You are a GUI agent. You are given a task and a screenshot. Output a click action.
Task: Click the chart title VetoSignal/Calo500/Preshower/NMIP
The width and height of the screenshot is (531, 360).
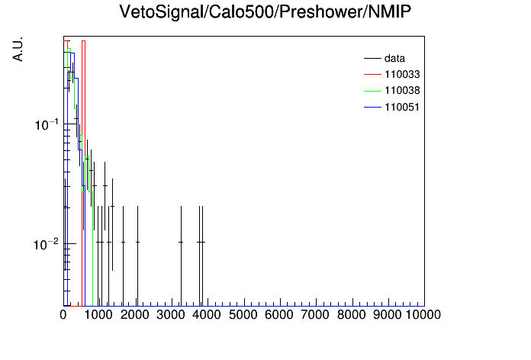point(265,12)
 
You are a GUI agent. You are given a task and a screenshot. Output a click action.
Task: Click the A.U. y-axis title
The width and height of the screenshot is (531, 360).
point(18,49)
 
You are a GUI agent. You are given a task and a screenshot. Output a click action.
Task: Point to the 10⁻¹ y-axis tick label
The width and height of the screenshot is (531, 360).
point(47,124)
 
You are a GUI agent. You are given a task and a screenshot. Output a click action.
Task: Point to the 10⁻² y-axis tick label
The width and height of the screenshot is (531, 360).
point(46,244)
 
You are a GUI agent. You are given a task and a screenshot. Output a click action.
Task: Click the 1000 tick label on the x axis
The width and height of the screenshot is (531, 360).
point(98,315)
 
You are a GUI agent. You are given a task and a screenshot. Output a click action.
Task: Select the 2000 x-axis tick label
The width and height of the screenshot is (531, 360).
point(135,315)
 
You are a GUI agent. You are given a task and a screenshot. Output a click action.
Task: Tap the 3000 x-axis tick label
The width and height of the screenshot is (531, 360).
point(171,315)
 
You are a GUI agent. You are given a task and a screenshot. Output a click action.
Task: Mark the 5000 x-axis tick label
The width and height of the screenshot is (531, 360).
point(243,315)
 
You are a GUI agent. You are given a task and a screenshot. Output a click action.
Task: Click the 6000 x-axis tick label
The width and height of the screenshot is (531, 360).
point(279,315)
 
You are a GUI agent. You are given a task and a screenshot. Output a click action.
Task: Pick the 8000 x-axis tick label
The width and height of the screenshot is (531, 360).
point(352,315)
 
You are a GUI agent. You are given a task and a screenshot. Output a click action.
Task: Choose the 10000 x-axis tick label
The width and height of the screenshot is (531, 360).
point(423,315)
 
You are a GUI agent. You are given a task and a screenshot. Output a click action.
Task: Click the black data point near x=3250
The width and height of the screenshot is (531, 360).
point(181,242)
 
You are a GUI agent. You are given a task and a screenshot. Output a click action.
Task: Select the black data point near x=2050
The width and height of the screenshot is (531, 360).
point(137,242)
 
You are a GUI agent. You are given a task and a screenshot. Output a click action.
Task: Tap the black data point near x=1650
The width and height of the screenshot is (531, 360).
point(124,242)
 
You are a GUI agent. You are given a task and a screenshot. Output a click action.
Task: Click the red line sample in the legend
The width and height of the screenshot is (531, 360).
point(372,74)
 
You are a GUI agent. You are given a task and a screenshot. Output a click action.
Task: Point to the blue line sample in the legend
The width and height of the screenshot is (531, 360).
point(372,107)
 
